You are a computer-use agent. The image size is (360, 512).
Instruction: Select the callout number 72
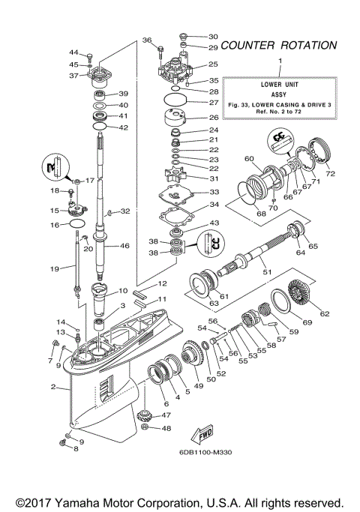tap(331, 174)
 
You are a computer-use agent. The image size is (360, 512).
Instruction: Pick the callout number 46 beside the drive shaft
tap(124, 245)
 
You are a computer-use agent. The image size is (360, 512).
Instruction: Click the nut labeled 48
tap(146, 428)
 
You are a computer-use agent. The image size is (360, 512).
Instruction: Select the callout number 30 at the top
tap(212, 36)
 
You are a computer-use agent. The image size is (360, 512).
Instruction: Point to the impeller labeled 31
tap(183, 178)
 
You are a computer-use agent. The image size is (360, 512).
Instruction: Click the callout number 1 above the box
tap(280, 59)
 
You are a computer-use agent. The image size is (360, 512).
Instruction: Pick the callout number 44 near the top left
tap(73, 52)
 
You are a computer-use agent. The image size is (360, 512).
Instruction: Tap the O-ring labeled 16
tap(76, 224)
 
